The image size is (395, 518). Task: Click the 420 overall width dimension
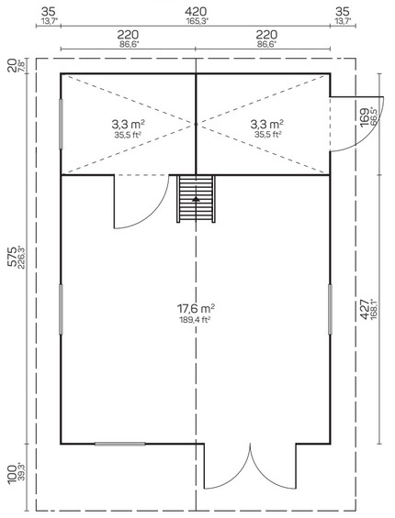(196, 12)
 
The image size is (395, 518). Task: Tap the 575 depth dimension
(12, 257)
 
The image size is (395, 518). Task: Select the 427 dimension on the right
(365, 309)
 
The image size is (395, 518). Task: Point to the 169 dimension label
(365, 117)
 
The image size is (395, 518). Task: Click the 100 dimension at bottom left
(12, 474)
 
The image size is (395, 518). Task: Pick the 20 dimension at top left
(12, 65)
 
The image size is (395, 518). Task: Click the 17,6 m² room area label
(196, 309)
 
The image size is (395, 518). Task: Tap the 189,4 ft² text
(196, 319)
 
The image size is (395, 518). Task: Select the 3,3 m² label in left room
(128, 124)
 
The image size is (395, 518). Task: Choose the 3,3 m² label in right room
(267, 124)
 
